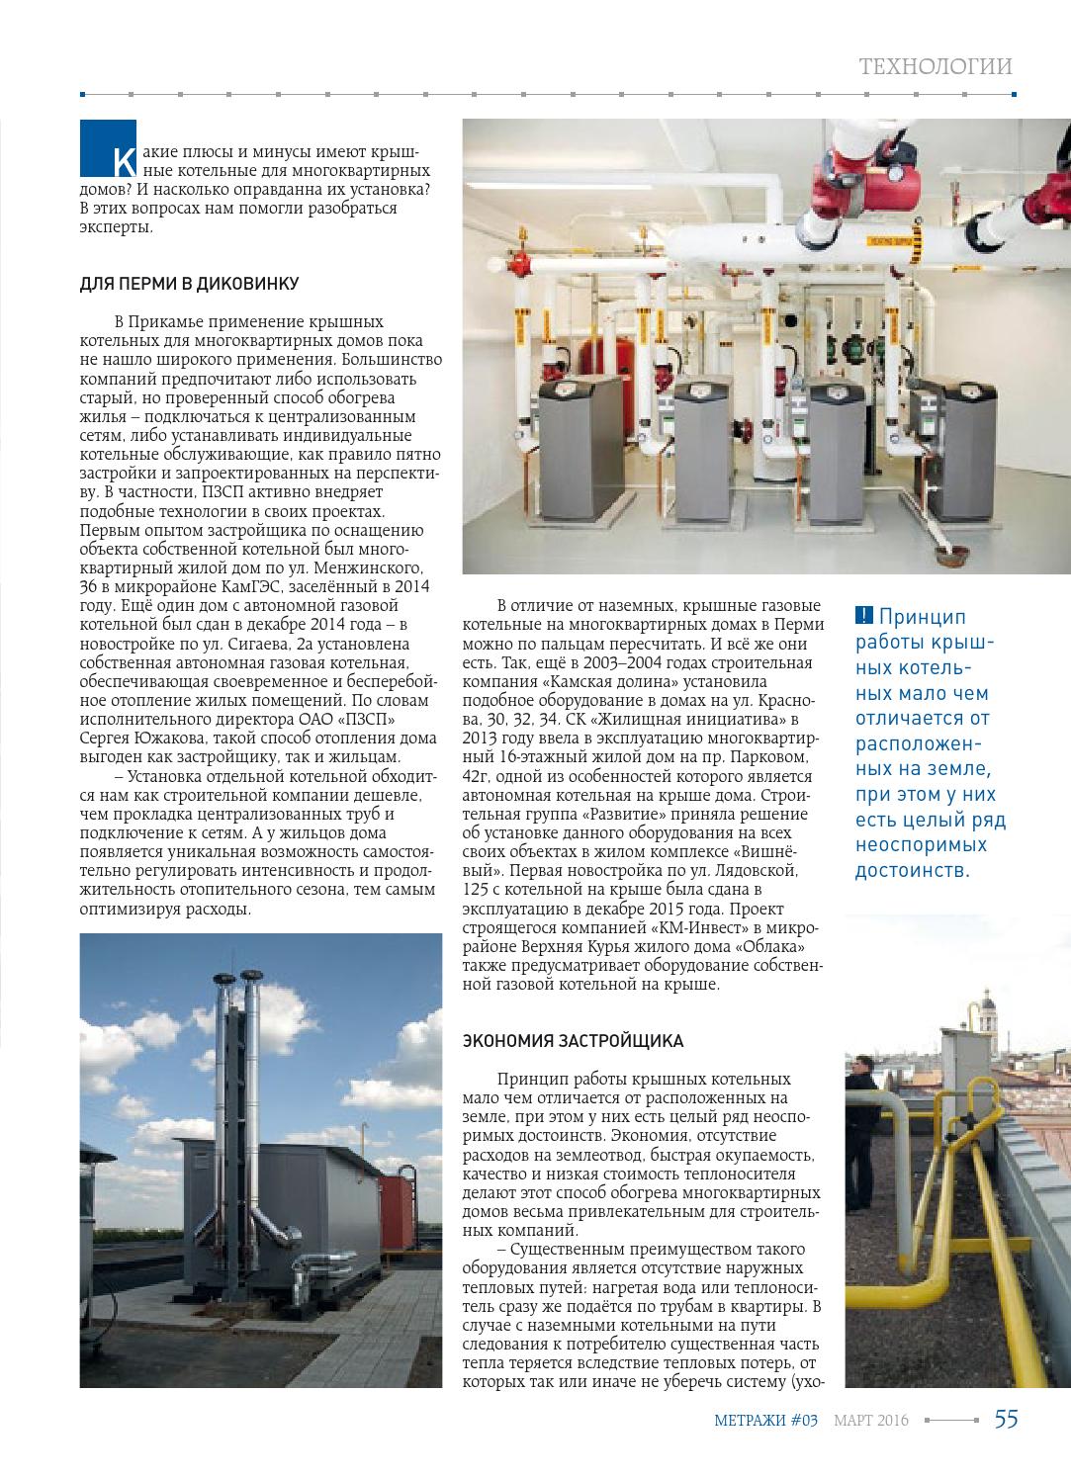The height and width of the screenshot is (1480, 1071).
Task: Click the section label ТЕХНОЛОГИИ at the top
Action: tap(936, 67)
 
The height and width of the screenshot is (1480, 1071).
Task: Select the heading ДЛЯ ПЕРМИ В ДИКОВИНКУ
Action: tap(189, 284)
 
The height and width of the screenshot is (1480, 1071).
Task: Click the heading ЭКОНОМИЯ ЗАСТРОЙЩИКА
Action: tap(573, 1041)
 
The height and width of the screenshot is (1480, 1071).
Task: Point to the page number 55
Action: tap(1006, 1419)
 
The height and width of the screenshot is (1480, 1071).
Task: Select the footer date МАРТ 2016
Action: tap(870, 1421)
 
